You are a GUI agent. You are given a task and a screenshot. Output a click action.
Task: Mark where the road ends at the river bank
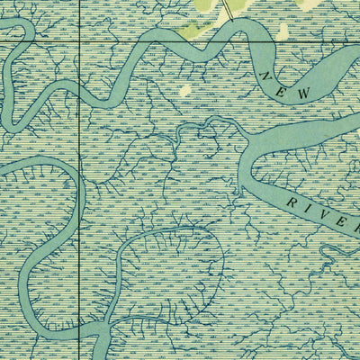tap(236, 20)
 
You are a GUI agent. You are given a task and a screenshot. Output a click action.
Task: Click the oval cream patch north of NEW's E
tap(283, 32)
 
